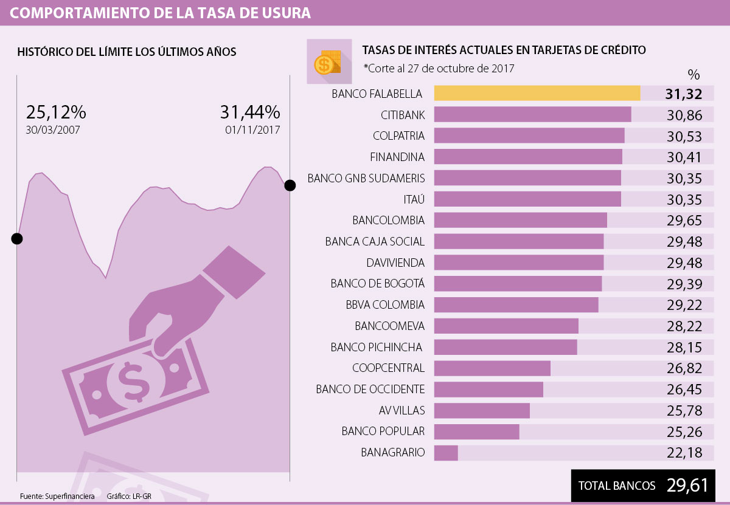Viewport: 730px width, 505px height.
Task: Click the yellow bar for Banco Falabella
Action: (x=537, y=93)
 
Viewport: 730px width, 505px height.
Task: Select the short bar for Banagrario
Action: (x=446, y=453)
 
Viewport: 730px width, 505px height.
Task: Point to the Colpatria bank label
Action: (x=398, y=136)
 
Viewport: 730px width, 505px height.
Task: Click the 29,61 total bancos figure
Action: (x=687, y=486)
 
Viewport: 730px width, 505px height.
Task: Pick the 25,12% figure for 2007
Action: (x=56, y=112)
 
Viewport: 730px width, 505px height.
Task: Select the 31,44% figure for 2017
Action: (x=249, y=112)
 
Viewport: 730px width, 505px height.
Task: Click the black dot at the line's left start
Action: (x=17, y=238)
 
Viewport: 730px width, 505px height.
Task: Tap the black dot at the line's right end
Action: (x=290, y=185)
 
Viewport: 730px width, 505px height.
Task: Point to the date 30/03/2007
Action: (x=53, y=130)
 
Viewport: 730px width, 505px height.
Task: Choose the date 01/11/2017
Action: (x=252, y=130)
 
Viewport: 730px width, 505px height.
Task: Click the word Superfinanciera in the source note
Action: (x=70, y=496)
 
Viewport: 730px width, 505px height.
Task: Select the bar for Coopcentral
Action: (x=492, y=368)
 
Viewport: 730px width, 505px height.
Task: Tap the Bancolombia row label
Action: (x=388, y=220)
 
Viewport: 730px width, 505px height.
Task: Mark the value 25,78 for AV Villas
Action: (x=684, y=411)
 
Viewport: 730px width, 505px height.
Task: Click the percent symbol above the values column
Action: (x=693, y=75)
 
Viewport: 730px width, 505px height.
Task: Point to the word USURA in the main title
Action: (x=285, y=13)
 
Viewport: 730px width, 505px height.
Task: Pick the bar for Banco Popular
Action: (x=477, y=431)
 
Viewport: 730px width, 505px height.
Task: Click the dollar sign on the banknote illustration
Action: (x=133, y=381)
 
